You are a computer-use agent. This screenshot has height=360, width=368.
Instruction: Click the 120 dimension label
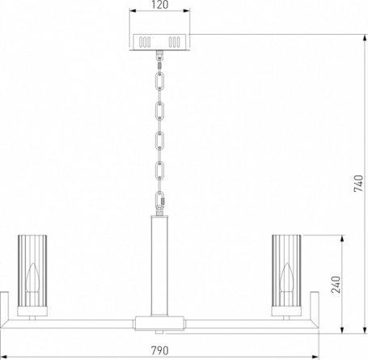coord(160,5)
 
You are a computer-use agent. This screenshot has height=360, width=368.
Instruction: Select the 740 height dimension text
coord(358,184)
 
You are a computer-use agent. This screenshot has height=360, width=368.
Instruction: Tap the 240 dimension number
coord(336,285)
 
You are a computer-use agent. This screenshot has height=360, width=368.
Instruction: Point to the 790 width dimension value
coord(160,350)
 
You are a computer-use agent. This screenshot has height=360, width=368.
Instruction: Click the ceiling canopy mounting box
coord(159,42)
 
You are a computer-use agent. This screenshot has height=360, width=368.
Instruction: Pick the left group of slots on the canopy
coord(145,42)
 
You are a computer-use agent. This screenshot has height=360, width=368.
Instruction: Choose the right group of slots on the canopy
coord(175,42)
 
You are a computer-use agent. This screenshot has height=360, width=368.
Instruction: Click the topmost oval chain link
coord(160,81)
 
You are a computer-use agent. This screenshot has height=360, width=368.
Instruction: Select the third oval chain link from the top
coord(160,141)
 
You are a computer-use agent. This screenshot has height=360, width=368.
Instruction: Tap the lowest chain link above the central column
coord(160,201)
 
